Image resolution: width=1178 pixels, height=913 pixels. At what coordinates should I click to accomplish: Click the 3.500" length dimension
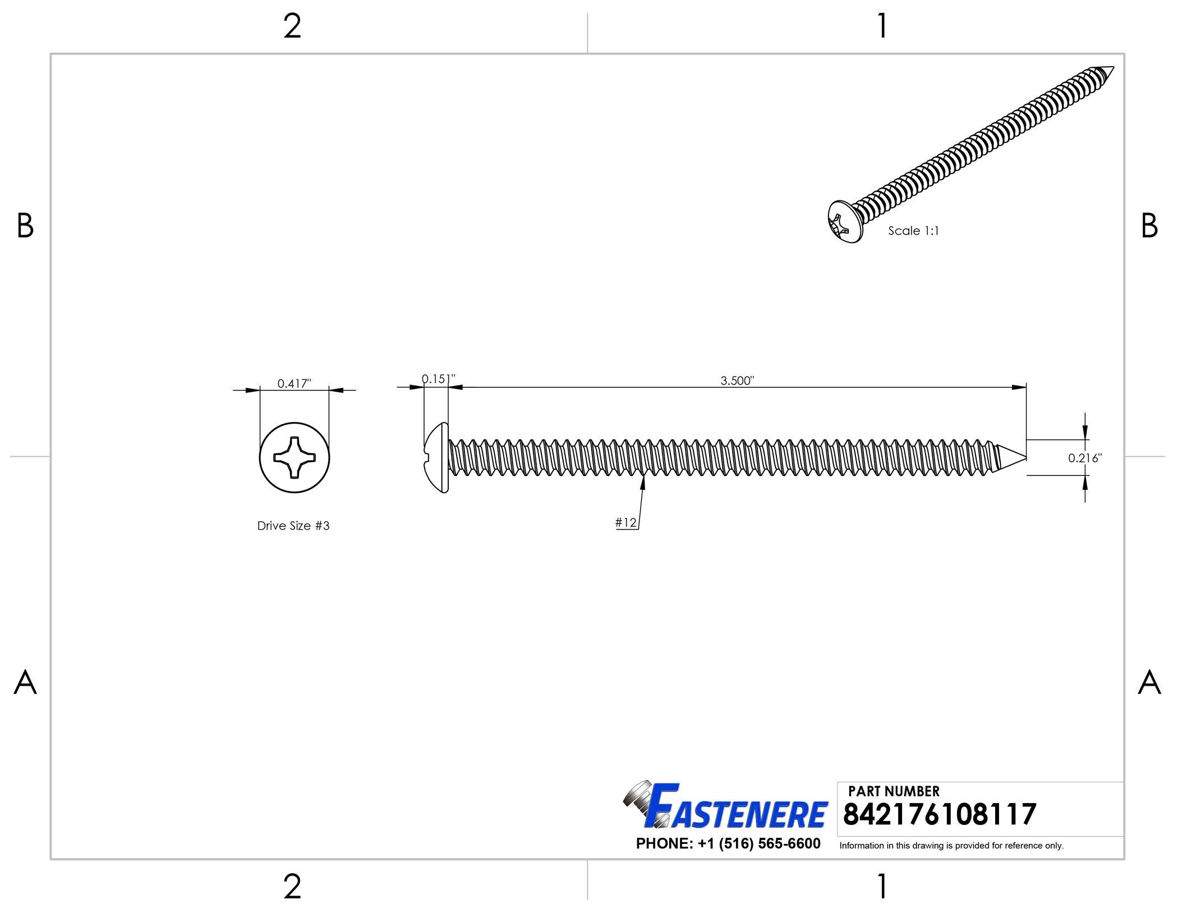(x=737, y=380)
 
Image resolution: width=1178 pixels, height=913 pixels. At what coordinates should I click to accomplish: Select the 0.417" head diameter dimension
(x=294, y=383)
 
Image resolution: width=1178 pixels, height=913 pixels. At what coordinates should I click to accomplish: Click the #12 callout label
(x=626, y=522)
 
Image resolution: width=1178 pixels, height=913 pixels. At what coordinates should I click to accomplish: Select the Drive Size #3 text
(x=293, y=526)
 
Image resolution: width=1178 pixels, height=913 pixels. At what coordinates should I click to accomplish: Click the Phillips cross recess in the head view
(x=294, y=458)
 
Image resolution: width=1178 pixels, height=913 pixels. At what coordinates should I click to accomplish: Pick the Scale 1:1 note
(x=913, y=231)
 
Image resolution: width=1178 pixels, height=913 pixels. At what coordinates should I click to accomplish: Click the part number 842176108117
(x=940, y=814)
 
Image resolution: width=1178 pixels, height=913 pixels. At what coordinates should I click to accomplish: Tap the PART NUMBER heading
(x=894, y=791)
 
